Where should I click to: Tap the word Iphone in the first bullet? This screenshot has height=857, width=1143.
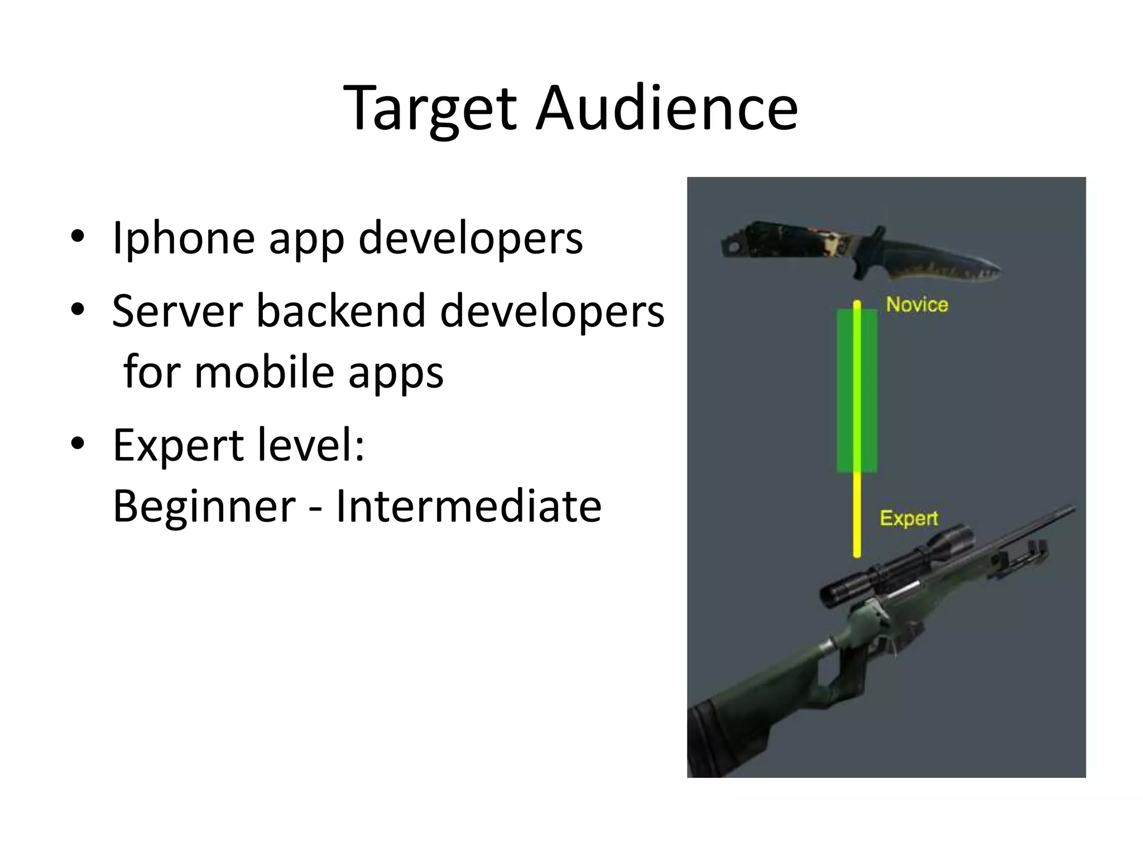184,238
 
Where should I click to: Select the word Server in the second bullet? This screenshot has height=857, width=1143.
177,311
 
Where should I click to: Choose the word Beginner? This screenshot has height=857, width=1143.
204,506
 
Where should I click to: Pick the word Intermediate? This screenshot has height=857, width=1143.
468,506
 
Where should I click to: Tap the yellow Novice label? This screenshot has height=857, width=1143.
917,305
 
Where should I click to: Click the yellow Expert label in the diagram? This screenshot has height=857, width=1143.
909,518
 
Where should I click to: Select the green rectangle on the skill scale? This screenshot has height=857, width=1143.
857,391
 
